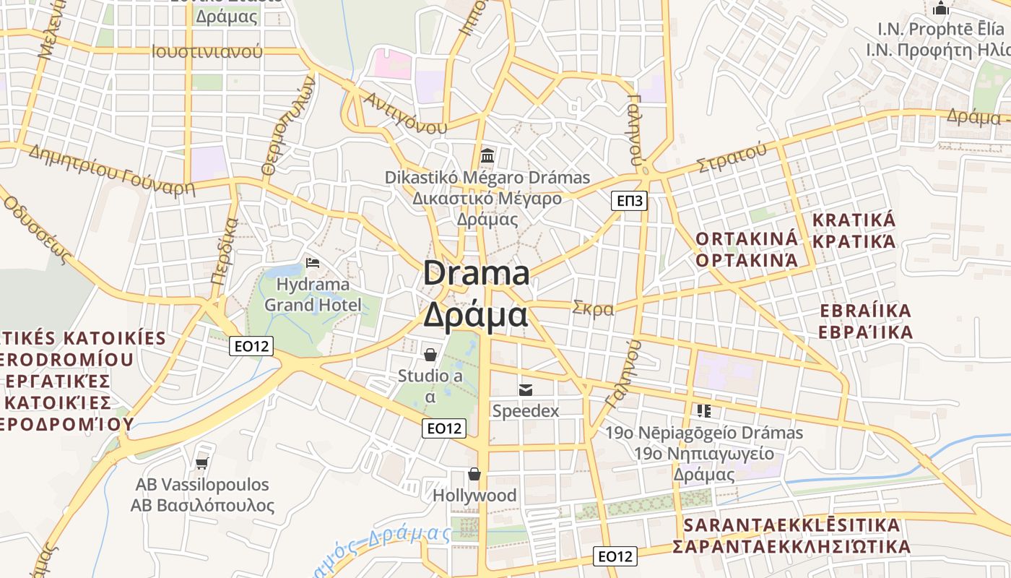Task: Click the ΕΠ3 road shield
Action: [629, 200]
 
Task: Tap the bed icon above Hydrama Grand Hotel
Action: [313, 262]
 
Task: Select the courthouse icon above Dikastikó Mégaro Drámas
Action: [487, 155]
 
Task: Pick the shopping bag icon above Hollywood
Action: [474, 474]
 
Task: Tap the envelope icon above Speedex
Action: [526, 390]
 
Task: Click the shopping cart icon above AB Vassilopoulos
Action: [202, 462]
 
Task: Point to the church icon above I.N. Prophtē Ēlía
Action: [940, 9]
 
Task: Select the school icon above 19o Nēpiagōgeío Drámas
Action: [704, 411]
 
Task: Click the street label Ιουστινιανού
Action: [207, 51]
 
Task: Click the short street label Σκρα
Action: [593, 309]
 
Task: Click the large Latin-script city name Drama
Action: [477, 274]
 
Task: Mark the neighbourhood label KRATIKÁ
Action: [854, 220]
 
